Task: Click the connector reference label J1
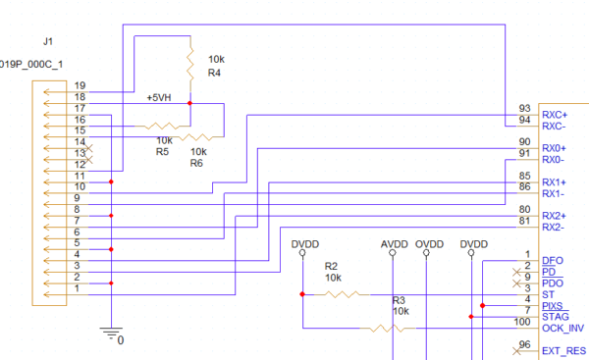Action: pos(47,41)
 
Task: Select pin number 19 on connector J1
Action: pos(80,86)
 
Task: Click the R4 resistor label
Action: pos(215,73)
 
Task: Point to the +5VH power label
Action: pos(158,98)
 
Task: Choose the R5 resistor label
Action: pos(163,152)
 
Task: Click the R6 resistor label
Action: pos(197,163)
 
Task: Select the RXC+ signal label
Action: pos(555,115)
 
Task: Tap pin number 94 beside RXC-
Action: pos(524,120)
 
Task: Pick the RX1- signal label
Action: pos(554,193)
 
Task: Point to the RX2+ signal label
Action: pos(555,216)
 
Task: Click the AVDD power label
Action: pos(394,243)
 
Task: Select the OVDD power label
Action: pos(429,243)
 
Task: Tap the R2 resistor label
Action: pos(331,266)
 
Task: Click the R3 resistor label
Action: pos(399,300)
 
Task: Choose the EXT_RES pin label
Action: pos(563,350)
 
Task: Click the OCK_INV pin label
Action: pos(562,328)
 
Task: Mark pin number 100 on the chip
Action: pos(521,323)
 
